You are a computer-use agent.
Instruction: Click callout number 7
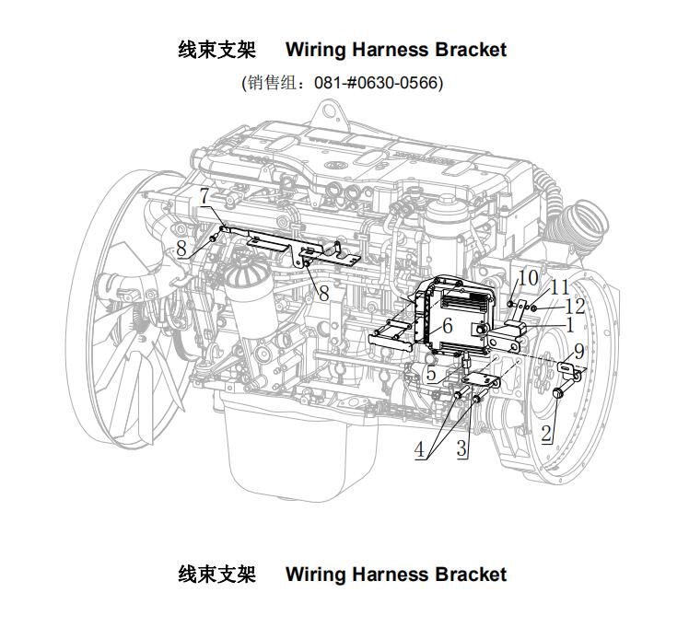tap(204, 196)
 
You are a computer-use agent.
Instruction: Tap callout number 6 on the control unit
tap(448, 325)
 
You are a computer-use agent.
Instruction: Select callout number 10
tap(528, 277)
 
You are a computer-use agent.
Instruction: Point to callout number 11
tap(560, 287)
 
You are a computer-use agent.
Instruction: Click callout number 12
tap(575, 306)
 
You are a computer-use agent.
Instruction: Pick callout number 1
tap(570, 325)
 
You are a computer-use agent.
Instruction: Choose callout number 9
tap(579, 352)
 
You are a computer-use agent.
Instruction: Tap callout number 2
tap(546, 434)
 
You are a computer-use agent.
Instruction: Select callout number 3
tap(461, 448)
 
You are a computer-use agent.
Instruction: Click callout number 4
tap(420, 449)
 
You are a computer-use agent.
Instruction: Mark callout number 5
tap(431, 374)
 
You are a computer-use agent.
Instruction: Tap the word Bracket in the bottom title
tap(471, 575)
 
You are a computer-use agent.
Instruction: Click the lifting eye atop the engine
tap(330, 112)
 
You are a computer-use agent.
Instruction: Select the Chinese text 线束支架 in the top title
tap(217, 50)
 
